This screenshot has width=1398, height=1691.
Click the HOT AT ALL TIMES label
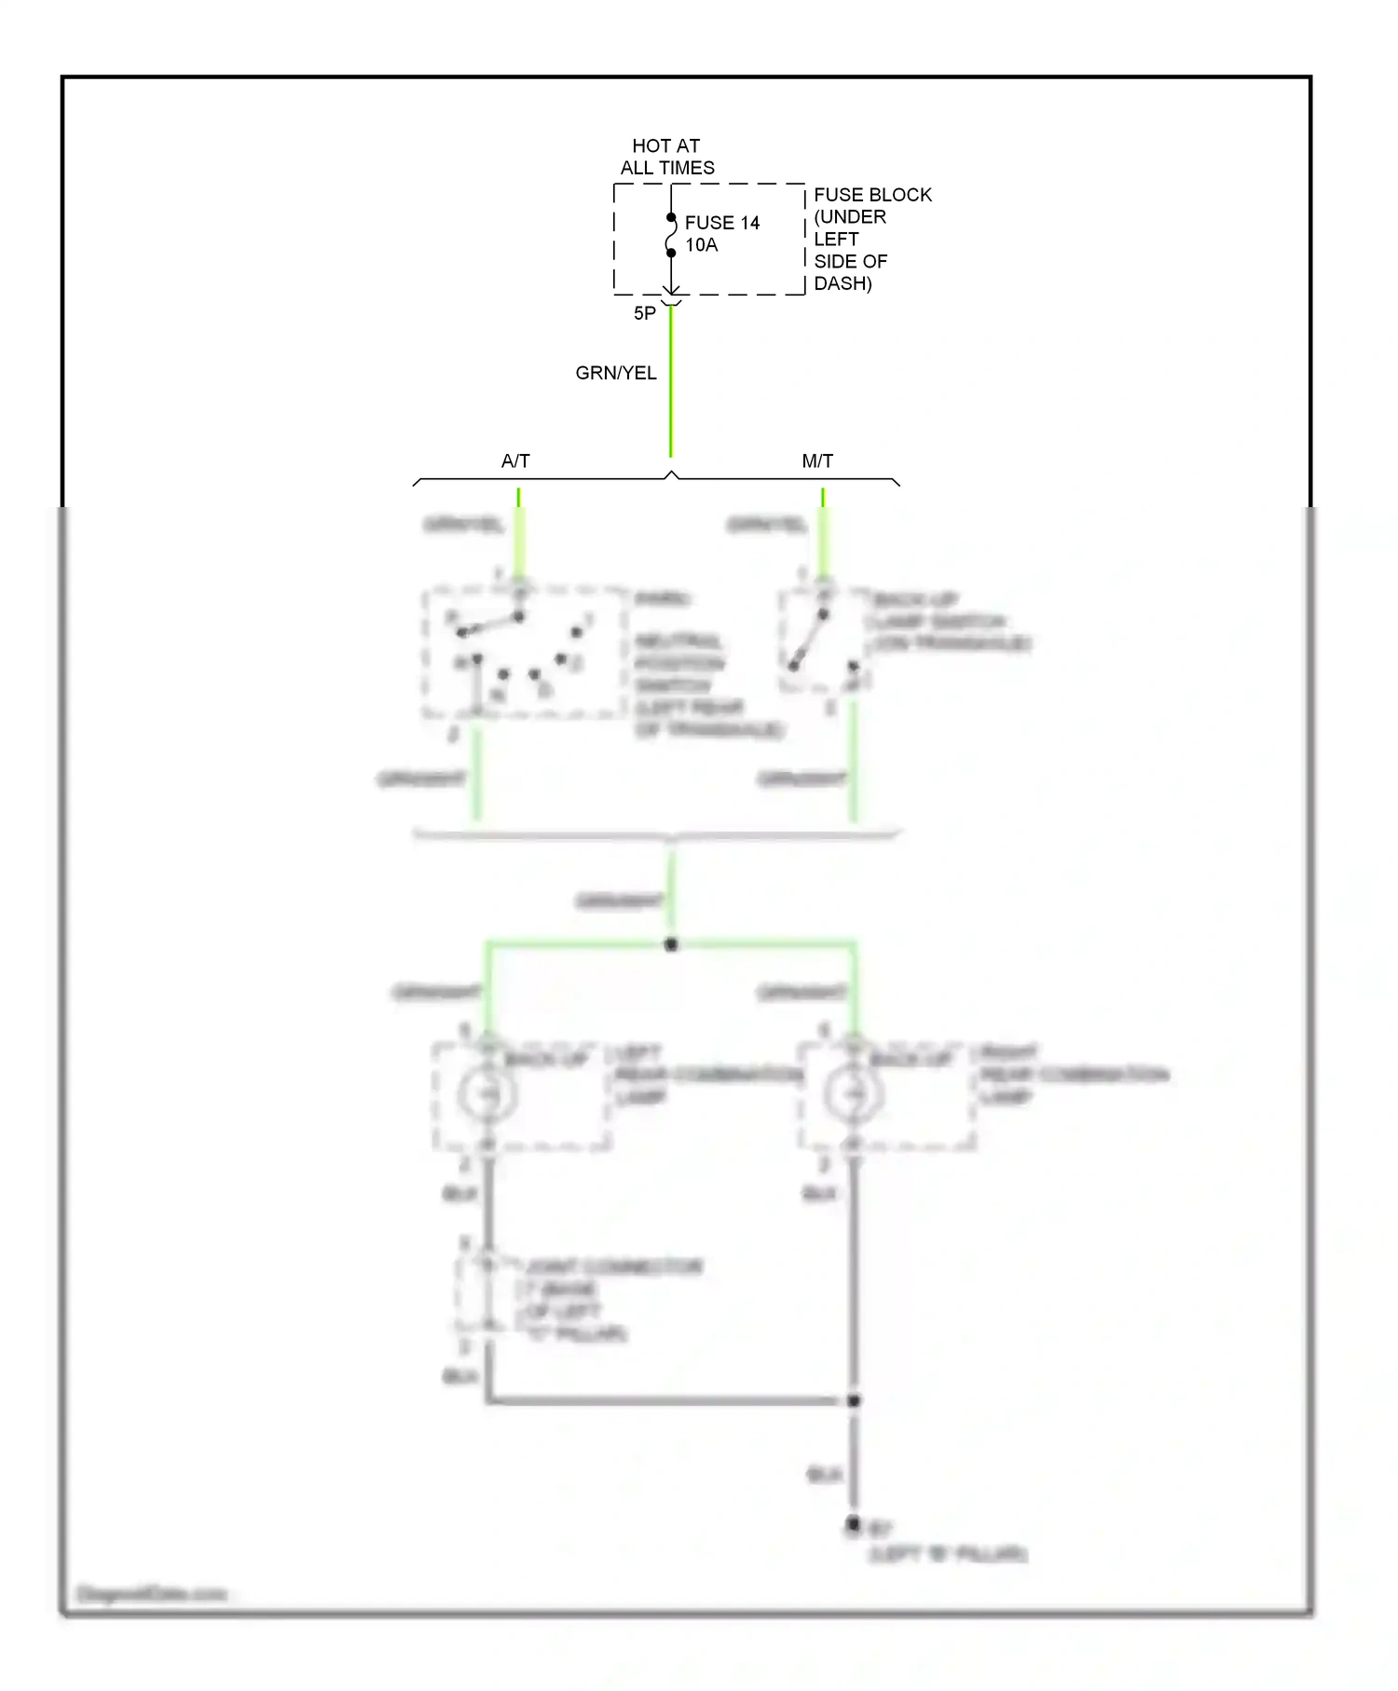click(666, 157)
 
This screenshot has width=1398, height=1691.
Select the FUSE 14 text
click(721, 223)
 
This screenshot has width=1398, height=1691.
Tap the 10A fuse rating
click(701, 245)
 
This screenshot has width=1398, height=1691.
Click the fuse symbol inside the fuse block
click(671, 235)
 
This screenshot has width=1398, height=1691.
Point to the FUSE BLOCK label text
click(871, 195)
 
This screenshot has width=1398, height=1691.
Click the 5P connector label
click(644, 314)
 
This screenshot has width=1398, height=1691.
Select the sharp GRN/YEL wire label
click(615, 373)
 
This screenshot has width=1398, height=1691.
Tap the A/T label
click(515, 461)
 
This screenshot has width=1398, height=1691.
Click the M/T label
click(817, 461)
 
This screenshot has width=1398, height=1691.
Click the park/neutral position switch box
click(524, 653)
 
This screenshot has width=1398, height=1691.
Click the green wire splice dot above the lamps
click(671, 945)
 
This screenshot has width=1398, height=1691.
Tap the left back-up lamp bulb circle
click(487, 1093)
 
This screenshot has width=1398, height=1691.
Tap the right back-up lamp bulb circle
click(852, 1093)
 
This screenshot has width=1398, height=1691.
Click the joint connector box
click(486, 1294)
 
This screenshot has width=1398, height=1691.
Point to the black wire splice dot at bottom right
click(854, 1401)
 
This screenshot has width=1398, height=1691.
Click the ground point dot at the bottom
click(853, 1524)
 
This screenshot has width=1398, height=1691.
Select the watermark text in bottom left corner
click(152, 1595)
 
